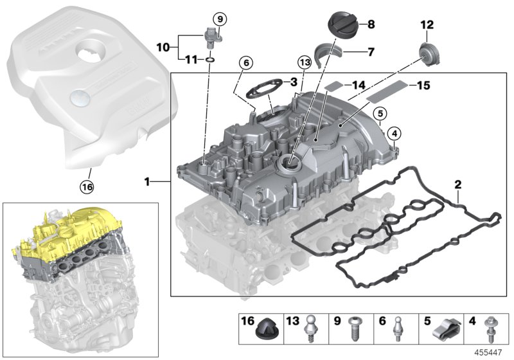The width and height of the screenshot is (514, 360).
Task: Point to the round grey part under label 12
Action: (425, 51)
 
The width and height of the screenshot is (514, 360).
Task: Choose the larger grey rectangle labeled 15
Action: (385, 90)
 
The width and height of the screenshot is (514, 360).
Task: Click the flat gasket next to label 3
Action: (265, 88)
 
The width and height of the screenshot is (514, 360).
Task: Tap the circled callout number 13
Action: (305, 62)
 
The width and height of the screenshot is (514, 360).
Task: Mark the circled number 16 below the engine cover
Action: (86, 187)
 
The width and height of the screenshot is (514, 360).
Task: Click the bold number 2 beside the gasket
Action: (457, 185)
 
